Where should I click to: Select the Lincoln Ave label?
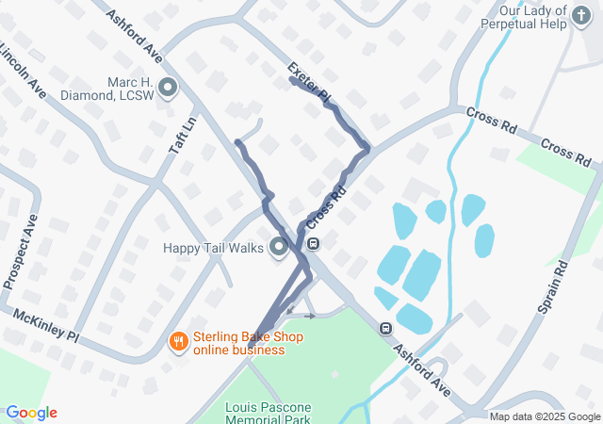coord(23,71)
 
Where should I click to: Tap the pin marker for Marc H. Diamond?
coord(169,90)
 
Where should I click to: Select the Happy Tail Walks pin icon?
coord(279,248)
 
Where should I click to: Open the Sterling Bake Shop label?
coord(238,343)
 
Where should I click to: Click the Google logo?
coord(31,413)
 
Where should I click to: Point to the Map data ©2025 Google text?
coord(545,416)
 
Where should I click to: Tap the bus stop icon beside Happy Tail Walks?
coord(313,245)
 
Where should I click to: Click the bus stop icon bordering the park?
coord(385,329)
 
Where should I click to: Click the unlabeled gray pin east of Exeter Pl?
coord(410,100)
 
